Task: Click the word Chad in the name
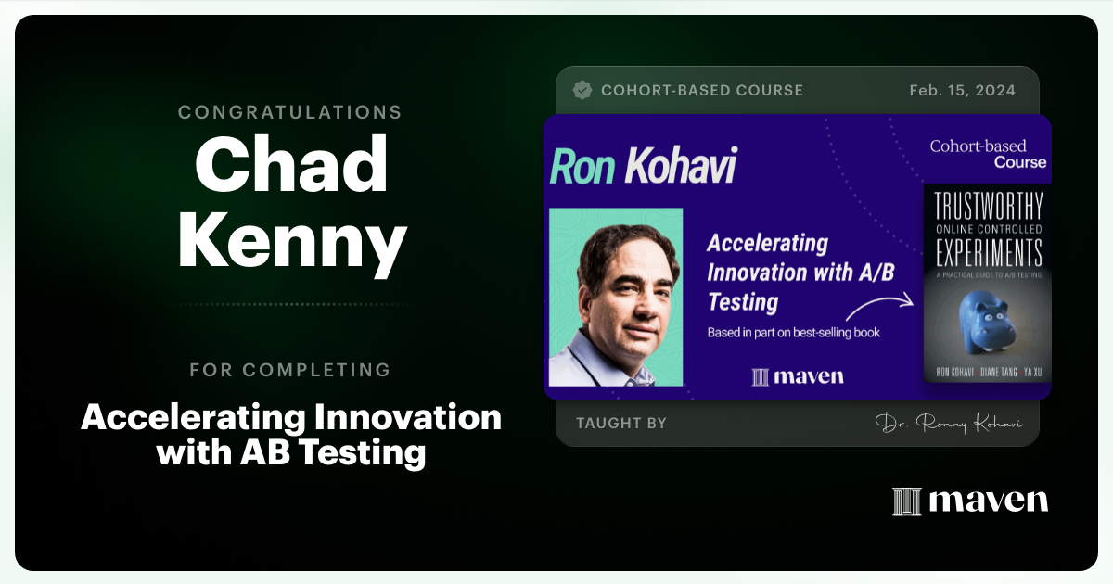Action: [290, 165]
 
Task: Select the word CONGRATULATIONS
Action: [290, 112]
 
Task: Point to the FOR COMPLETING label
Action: [290, 370]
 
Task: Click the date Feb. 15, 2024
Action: [963, 91]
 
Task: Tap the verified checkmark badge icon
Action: [582, 90]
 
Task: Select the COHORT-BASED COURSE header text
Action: [702, 91]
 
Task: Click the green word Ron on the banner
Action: [583, 167]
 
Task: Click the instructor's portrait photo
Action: [616, 297]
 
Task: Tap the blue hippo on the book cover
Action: [988, 314]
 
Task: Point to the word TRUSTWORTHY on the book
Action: [987, 207]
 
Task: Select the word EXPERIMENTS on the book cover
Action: [987, 252]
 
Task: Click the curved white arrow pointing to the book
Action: [880, 307]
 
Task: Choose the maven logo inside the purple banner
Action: [798, 376]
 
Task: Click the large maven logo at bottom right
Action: [970, 501]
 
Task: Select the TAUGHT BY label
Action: [620, 424]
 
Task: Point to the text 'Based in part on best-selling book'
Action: [794, 332]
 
